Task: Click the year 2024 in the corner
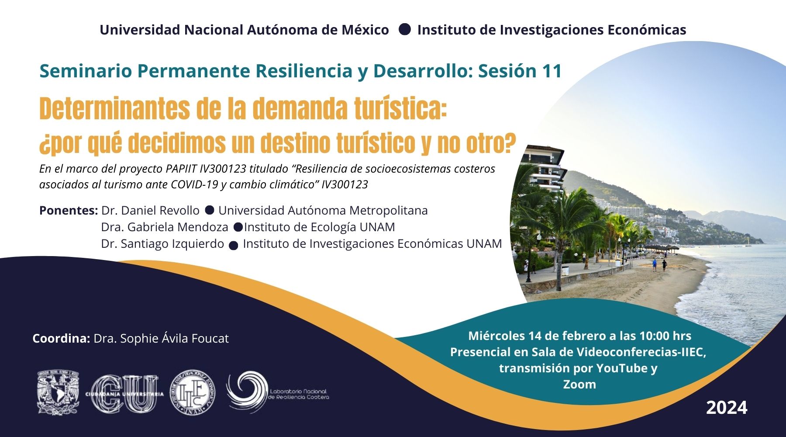(727, 408)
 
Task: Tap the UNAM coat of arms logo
(59, 392)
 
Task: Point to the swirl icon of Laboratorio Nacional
(247, 392)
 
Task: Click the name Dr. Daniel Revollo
(150, 211)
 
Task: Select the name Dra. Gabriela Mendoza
(165, 227)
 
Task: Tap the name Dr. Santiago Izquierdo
(162, 244)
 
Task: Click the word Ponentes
(69, 211)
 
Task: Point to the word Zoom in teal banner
(579, 384)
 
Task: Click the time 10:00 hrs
(665, 336)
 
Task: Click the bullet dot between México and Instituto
(405, 29)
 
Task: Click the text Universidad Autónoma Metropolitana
(323, 211)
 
